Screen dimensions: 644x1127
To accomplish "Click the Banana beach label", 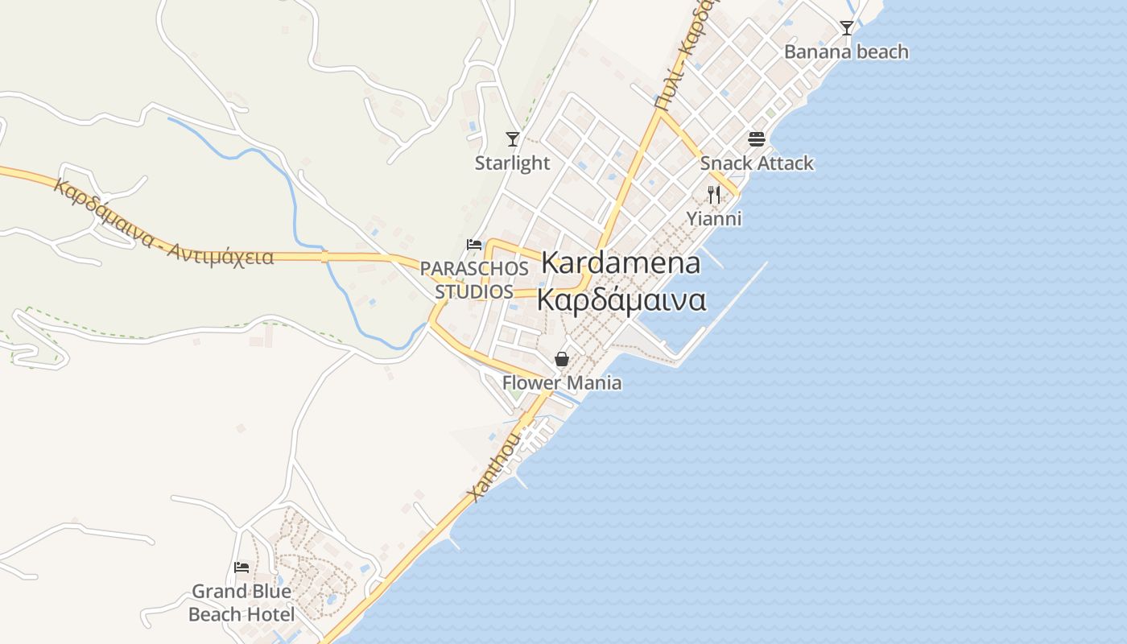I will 846,52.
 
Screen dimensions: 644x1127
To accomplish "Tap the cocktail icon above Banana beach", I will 846,28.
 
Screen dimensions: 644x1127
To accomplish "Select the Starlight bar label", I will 512,163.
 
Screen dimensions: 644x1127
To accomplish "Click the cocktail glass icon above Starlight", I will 512,139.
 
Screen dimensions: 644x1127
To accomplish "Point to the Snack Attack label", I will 757,163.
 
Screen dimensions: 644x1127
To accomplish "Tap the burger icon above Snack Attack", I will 756,139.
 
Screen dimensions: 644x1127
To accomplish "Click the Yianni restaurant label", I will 714,218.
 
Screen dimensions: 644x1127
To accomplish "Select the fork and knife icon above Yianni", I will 714,194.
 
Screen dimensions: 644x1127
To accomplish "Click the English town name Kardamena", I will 621,263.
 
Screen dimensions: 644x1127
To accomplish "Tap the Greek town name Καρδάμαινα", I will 621,299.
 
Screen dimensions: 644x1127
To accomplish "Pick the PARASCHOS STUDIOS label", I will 474,279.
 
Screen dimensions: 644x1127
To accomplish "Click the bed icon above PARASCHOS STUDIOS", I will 474,245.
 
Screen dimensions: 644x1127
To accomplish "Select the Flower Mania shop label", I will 562,383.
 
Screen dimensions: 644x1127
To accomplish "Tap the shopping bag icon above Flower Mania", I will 562,359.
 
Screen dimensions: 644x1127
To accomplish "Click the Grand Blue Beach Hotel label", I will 242,603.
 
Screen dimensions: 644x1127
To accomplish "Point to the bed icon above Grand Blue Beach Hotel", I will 242,568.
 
